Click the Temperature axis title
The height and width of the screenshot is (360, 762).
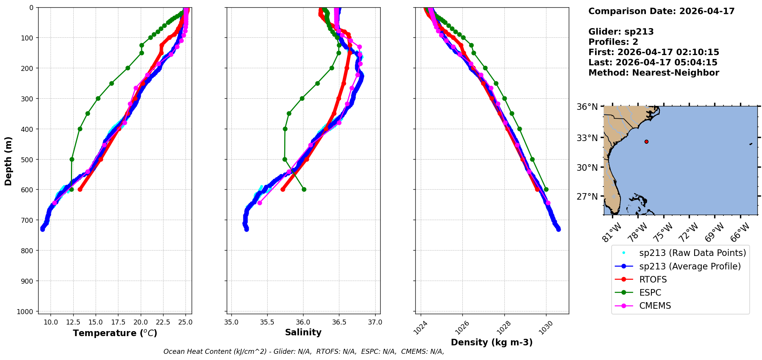click(x=115, y=333)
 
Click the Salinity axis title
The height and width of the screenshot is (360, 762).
click(x=303, y=333)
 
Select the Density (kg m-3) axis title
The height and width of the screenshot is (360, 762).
click(x=492, y=342)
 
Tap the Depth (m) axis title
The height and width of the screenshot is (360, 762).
click(x=8, y=161)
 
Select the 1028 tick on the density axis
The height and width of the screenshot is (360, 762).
click(x=504, y=327)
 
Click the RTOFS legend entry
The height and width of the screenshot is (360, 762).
click(x=653, y=279)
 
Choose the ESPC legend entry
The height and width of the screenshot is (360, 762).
click(x=650, y=293)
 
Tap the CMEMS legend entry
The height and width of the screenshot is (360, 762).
click(x=655, y=306)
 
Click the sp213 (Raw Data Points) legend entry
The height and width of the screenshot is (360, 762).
click(x=692, y=253)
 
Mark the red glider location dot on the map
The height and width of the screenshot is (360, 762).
click(x=646, y=141)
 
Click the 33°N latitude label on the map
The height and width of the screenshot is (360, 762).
click(x=587, y=138)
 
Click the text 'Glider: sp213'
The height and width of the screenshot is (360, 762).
click(x=621, y=32)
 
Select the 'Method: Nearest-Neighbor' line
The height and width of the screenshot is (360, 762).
click(x=654, y=73)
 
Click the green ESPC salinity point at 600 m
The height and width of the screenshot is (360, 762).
click(x=304, y=189)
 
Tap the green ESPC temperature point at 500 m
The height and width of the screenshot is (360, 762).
click(x=72, y=159)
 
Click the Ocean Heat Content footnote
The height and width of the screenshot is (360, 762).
click(x=303, y=352)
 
